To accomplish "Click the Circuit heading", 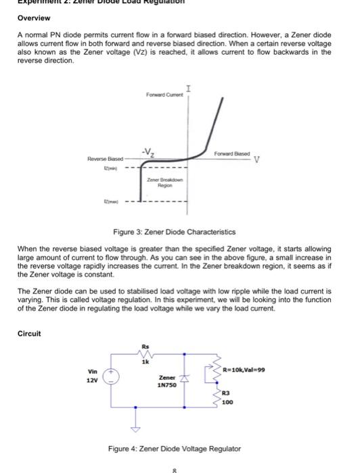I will click(x=29, y=332).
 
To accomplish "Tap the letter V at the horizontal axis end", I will click(x=257, y=161).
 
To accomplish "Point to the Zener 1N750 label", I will click(x=166, y=381).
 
